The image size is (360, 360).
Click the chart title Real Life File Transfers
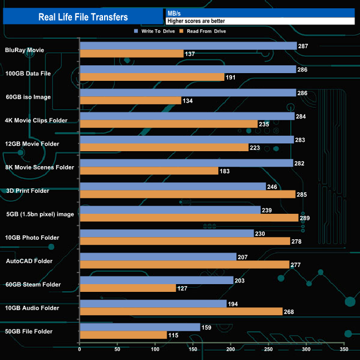(x=83, y=17)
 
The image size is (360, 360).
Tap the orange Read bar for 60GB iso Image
(x=131, y=100)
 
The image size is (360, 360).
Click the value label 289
(x=305, y=218)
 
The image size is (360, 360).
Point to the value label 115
(x=173, y=335)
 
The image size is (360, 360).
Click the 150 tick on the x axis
(x=193, y=349)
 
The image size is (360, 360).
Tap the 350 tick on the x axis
(x=344, y=349)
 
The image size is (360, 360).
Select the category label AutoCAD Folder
(x=29, y=261)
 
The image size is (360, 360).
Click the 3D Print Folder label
(x=28, y=191)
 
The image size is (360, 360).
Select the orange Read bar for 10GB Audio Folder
(x=181, y=311)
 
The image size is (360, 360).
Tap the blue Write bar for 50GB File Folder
(x=140, y=327)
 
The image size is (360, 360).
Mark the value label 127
(x=182, y=288)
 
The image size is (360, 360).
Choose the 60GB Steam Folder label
(x=33, y=285)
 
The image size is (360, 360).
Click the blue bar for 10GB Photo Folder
(x=167, y=233)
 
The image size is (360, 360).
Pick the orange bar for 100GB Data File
(x=152, y=77)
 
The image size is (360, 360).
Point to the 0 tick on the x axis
(x=80, y=349)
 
